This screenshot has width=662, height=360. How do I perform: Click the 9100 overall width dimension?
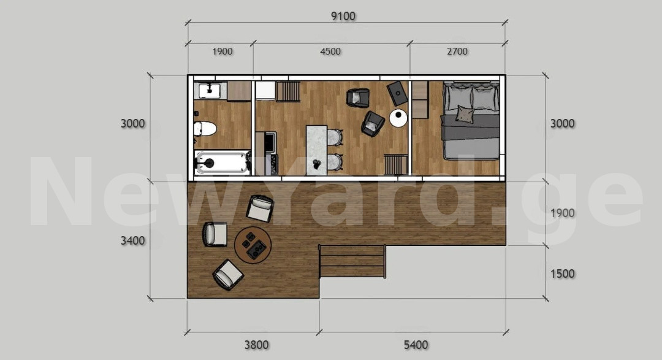pyautogui.click(x=343, y=17)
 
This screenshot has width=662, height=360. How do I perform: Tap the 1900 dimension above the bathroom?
pyautogui.click(x=223, y=52)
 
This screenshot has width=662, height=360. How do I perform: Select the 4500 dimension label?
pyautogui.click(x=330, y=52)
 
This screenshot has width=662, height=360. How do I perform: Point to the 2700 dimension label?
pyautogui.click(x=457, y=52)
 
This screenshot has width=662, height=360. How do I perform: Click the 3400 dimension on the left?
pyautogui.click(x=133, y=240)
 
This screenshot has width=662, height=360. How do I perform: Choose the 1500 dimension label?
pyautogui.click(x=562, y=274)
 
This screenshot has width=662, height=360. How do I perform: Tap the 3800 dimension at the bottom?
pyautogui.click(x=256, y=345)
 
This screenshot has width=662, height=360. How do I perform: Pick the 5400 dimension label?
pyautogui.click(x=416, y=345)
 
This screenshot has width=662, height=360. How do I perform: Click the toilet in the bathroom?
pyautogui.click(x=205, y=129)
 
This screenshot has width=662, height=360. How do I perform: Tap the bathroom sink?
pyautogui.click(x=210, y=90)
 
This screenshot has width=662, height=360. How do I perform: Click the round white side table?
pyautogui.click(x=398, y=118)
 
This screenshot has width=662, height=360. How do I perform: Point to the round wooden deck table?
pyautogui.click(x=253, y=245)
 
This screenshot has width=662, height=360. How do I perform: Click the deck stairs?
pyautogui.click(x=352, y=261)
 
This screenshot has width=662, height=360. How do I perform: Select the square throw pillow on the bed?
pyautogui.click(x=465, y=115)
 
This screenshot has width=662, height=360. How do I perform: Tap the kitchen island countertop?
pyautogui.click(x=317, y=150)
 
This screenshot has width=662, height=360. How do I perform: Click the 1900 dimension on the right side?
pyautogui.click(x=562, y=213)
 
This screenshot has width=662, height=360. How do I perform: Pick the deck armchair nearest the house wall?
pyautogui.click(x=260, y=208)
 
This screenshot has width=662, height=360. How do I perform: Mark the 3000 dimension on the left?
pyautogui.click(x=133, y=124)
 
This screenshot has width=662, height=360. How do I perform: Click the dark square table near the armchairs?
pyautogui.click(x=397, y=93)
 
